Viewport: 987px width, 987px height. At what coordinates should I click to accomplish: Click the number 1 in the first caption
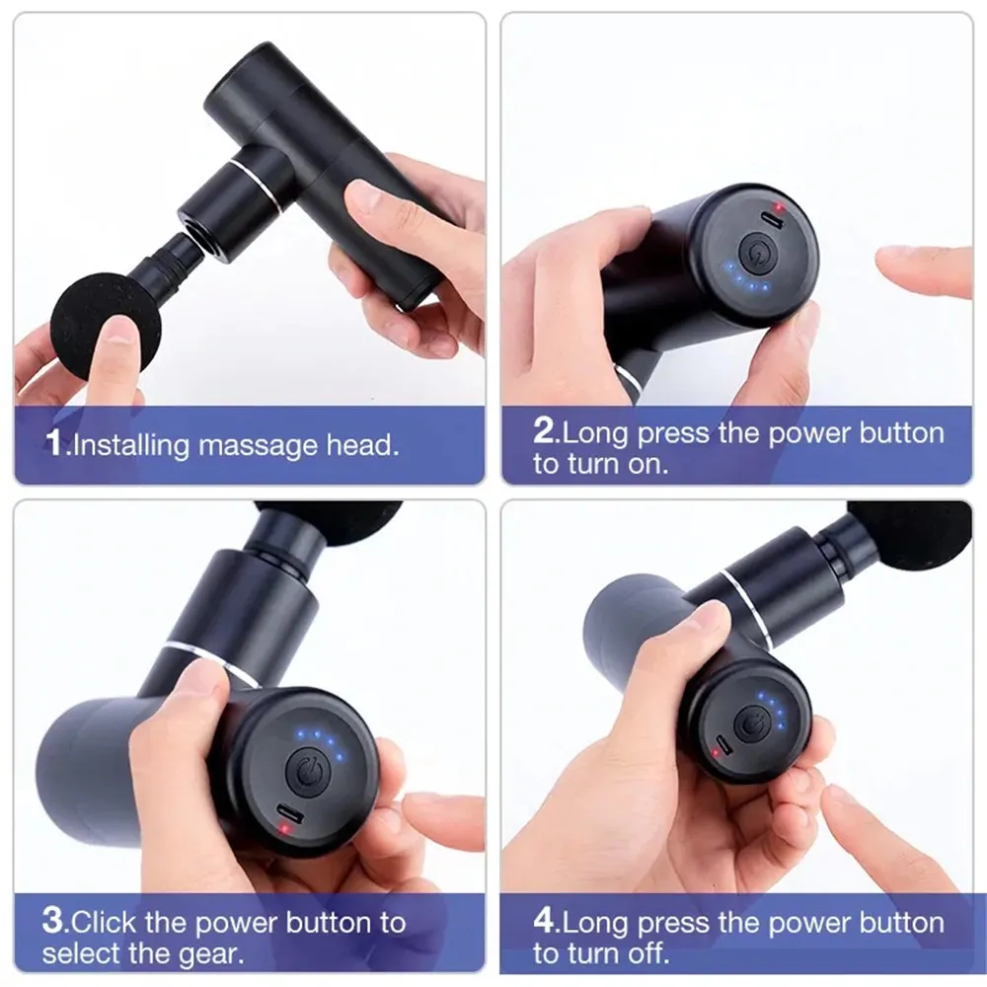[56, 443]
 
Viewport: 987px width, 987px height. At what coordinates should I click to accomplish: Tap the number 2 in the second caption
[546, 432]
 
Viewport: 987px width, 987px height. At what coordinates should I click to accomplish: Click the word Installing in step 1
[131, 444]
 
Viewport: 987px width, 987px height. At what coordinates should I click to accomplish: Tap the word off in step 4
[647, 953]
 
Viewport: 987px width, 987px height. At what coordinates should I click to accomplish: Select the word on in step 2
[646, 464]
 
